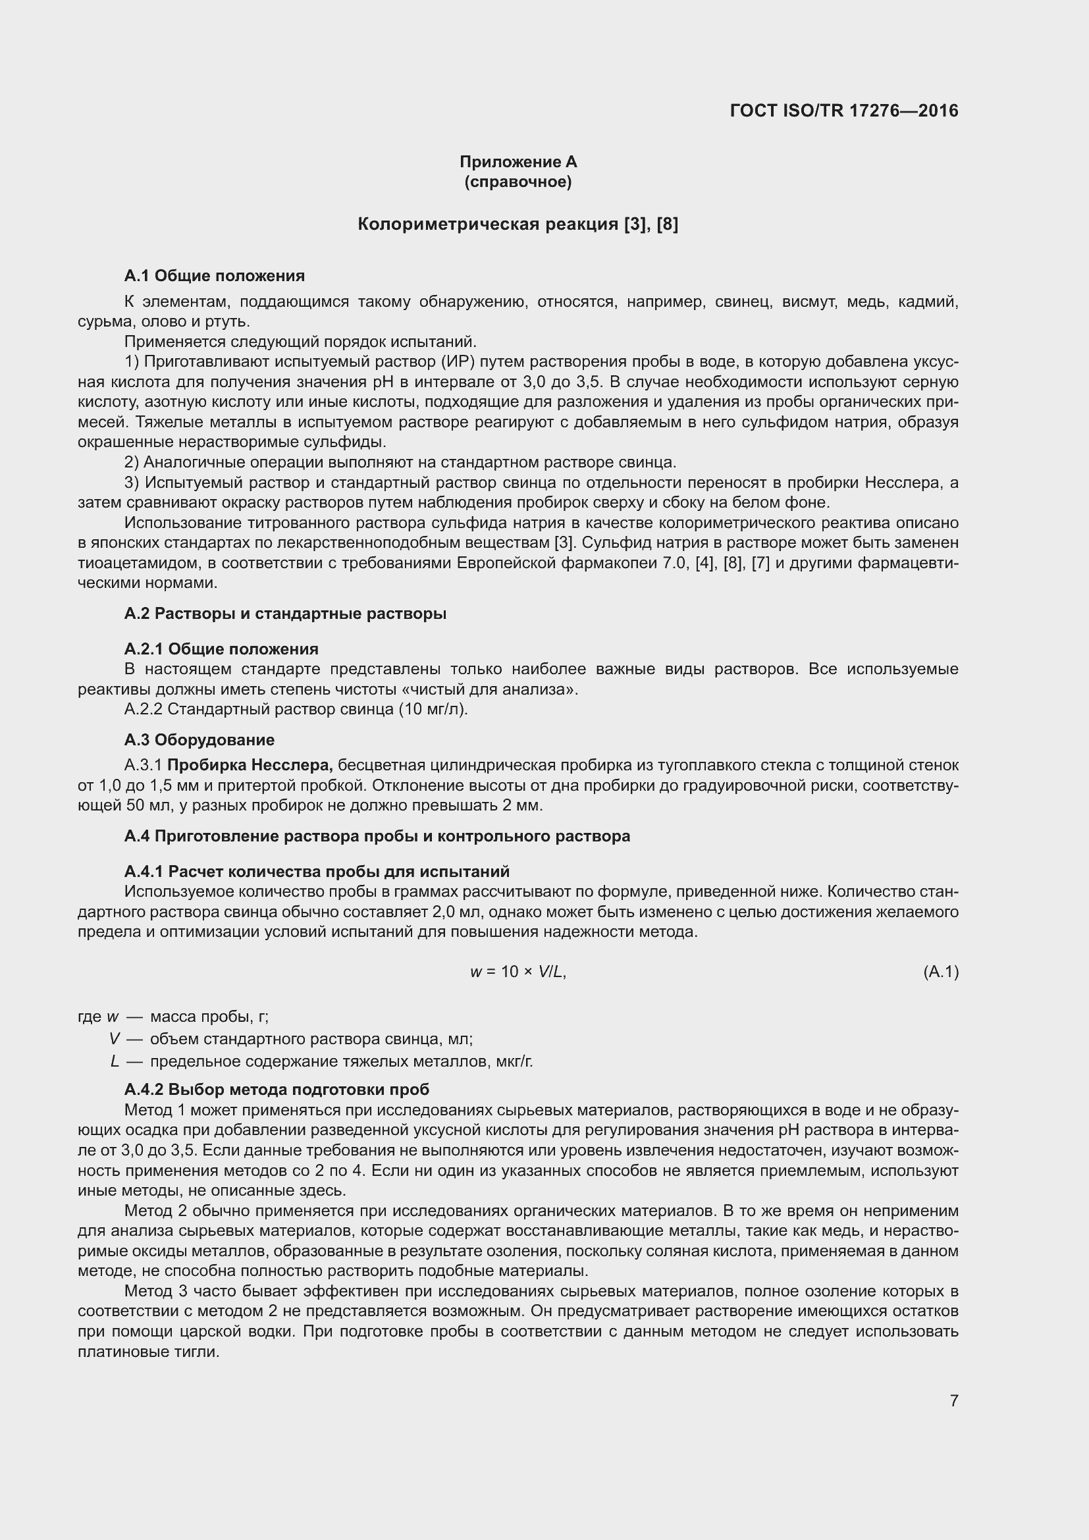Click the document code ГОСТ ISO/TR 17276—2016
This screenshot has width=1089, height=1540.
pyautogui.click(x=843, y=111)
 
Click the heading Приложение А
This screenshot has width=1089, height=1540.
pyautogui.click(x=518, y=162)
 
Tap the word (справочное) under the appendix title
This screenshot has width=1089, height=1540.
pyautogui.click(x=518, y=182)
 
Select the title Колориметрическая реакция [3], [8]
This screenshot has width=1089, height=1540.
pyautogui.click(x=518, y=224)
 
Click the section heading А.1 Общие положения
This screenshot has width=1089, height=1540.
pyautogui.click(x=214, y=276)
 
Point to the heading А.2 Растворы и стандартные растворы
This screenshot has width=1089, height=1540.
pyautogui.click(x=285, y=614)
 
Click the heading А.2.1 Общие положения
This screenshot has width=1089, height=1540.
pyautogui.click(x=221, y=649)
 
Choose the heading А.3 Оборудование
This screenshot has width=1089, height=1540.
pyautogui.click(x=199, y=740)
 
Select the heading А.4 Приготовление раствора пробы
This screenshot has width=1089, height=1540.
pyautogui.click(x=377, y=836)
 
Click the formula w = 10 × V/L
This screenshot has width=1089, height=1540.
pyautogui.click(x=518, y=971)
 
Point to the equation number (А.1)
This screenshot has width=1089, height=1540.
pyautogui.click(x=940, y=971)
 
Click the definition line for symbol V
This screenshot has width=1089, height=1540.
pyautogui.click(x=291, y=1039)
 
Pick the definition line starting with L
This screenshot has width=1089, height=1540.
pyautogui.click(x=322, y=1062)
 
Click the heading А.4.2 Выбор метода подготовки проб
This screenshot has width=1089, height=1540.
pyautogui.click(x=277, y=1089)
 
